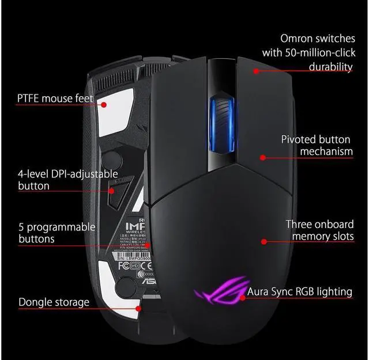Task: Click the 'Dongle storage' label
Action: click(x=54, y=302)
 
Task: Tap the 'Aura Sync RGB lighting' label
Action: click(x=299, y=291)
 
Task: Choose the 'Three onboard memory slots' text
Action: click(x=319, y=230)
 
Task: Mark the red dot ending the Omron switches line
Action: click(x=254, y=71)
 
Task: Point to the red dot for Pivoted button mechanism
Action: click(x=262, y=157)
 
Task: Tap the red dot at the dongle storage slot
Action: click(x=138, y=308)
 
